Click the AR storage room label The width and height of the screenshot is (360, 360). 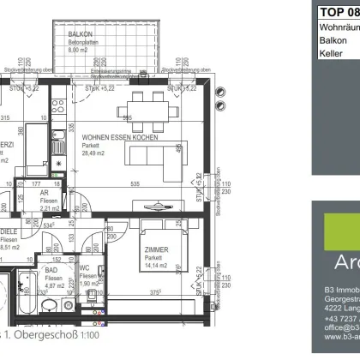(45, 193)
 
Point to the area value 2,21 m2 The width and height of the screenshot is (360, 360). (51, 208)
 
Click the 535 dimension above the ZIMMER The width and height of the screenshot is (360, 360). (135, 183)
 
